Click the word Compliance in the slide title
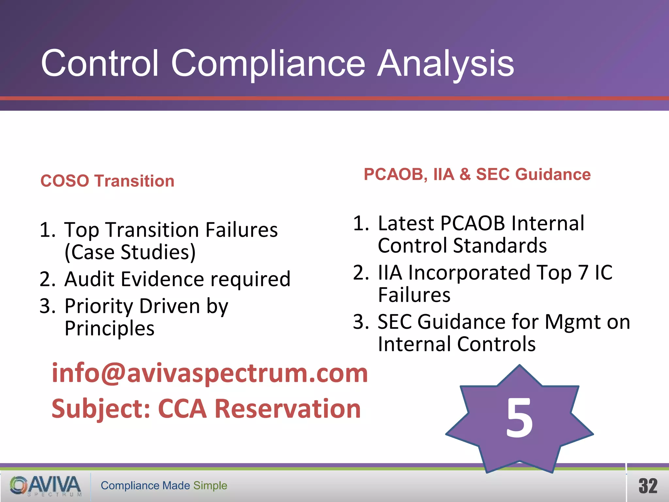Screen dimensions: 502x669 pyautogui.click(x=268, y=64)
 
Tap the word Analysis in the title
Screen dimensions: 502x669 pyautogui.click(x=446, y=64)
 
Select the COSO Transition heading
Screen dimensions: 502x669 pyautogui.click(x=107, y=181)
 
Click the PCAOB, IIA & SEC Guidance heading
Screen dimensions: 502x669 pyautogui.click(x=477, y=174)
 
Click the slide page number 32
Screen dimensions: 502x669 pyautogui.click(x=648, y=486)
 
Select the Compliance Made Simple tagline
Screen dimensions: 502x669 pyautogui.click(x=164, y=486)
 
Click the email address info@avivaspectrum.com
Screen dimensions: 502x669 pyautogui.click(x=210, y=373)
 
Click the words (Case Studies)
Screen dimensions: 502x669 pyautogui.click(x=130, y=252)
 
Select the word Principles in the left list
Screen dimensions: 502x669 pyautogui.click(x=109, y=328)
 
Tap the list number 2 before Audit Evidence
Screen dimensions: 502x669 pyautogui.click(x=47, y=280)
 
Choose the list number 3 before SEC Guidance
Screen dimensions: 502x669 pyautogui.click(x=361, y=322)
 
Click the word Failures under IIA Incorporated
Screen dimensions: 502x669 pyautogui.click(x=414, y=295)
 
